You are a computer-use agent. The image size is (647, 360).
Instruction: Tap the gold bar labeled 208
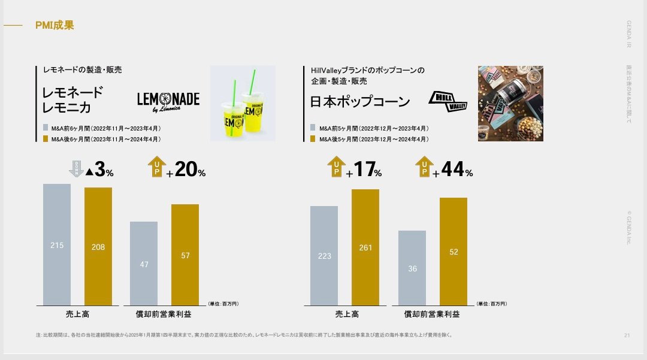(x=98, y=246)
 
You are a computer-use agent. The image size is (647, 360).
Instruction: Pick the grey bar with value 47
(x=144, y=264)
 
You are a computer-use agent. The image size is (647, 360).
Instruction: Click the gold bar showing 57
(x=185, y=255)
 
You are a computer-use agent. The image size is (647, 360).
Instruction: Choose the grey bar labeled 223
(x=324, y=256)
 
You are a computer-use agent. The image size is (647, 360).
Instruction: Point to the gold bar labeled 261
(x=365, y=247)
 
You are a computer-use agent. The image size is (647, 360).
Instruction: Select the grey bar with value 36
(x=412, y=268)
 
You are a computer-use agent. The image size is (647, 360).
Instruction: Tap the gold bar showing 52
(x=453, y=252)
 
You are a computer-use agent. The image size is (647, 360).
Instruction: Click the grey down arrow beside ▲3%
(x=76, y=169)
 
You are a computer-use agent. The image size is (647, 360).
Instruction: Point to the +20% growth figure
(x=186, y=170)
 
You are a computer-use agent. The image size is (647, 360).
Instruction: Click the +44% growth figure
(x=453, y=170)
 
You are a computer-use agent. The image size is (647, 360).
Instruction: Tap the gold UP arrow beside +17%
(x=336, y=167)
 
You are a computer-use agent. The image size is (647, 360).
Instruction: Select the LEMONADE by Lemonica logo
(x=168, y=102)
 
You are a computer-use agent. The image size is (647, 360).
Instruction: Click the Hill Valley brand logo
(x=448, y=101)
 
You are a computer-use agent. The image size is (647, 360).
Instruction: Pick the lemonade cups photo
(x=243, y=104)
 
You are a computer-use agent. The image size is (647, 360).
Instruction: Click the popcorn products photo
(x=510, y=104)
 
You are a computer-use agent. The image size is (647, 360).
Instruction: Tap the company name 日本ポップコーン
(x=360, y=102)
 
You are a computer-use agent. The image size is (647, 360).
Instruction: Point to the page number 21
(x=626, y=335)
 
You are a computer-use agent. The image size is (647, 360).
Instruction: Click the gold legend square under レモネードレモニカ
(x=46, y=139)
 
